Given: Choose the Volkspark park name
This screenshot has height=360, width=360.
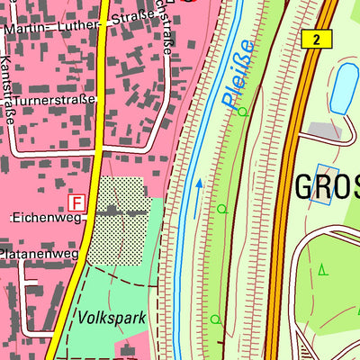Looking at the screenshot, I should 112,318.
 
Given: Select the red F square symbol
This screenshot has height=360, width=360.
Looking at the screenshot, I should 77,203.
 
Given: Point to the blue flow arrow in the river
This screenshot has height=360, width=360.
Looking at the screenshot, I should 199,189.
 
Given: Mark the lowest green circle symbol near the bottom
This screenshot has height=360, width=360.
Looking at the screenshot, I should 214,319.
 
